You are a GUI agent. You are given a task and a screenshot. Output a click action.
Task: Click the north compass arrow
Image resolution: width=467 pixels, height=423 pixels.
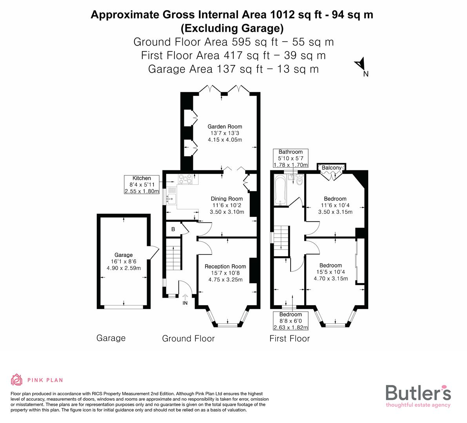coord(360,65)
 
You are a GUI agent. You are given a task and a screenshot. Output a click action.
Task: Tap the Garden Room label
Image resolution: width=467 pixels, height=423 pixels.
coord(225,127)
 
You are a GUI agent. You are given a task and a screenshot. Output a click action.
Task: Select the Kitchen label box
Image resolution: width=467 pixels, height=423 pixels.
coord(142,185)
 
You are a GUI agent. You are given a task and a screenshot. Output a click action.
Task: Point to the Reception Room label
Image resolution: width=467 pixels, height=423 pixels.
coord(225,267)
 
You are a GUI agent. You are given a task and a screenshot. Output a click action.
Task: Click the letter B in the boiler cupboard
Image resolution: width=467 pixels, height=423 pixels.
coord(173,230)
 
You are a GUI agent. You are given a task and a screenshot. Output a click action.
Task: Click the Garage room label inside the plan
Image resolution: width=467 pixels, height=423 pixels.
coord(124,255)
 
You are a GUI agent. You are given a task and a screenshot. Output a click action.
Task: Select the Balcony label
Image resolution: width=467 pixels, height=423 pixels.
coord(331,168)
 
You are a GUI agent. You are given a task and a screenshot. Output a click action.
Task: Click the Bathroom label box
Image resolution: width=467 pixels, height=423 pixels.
coord(291,158)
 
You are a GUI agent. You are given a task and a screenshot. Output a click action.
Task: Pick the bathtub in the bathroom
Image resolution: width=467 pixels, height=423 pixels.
coord(281,191)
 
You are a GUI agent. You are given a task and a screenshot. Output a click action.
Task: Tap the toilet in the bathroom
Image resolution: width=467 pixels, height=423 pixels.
coord(299,181)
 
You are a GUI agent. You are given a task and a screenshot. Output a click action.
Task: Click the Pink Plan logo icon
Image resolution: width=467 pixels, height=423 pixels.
coord(17,380)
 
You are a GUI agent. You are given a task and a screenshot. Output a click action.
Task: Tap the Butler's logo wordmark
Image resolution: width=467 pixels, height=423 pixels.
coord(418,392)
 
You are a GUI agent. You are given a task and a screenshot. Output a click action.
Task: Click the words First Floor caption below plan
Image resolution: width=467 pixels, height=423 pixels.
coord(289,339)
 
